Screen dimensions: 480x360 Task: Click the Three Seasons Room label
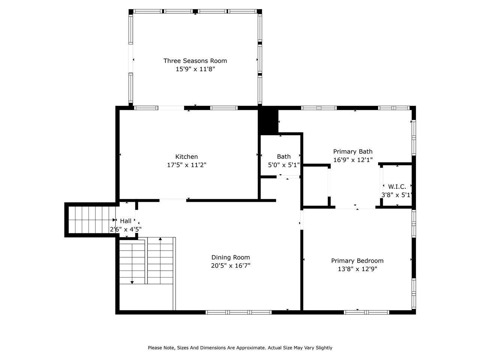[x=195, y=61]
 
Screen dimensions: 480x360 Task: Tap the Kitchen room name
[x=186, y=156]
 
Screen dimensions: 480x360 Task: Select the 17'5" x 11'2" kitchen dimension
[x=186, y=165]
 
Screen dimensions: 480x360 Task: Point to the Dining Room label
[x=231, y=258]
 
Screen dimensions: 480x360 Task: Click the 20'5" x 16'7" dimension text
[x=231, y=265]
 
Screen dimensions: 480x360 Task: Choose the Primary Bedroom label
[x=357, y=261]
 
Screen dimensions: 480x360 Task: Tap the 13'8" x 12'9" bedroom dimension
[x=357, y=269]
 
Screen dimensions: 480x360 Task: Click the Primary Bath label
[x=353, y=151]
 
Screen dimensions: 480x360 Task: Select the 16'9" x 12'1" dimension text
[x=353, y=160]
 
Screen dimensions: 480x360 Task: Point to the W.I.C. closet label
[x=397, y=187]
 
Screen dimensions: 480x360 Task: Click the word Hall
[x=126, y=221]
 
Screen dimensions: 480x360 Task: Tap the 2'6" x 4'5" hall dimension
[x=126, y=229]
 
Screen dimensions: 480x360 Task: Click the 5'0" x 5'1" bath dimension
[x=283, y=165]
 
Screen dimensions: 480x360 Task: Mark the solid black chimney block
[x=268, y=120]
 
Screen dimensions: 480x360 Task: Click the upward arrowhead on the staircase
[x=160, y=239]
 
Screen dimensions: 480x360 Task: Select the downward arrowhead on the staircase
[x=132, y=283]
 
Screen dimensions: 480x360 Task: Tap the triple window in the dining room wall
[x=238, y=312]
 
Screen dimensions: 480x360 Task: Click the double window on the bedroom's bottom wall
[x=366, y=312]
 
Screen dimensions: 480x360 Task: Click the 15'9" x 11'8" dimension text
[x=195, y=69]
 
